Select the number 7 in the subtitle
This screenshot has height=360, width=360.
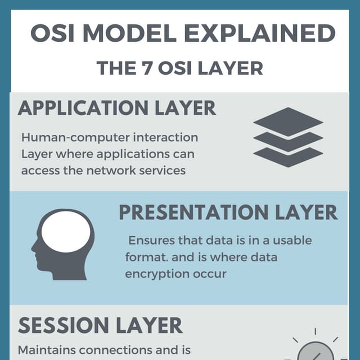[x=144, y=68]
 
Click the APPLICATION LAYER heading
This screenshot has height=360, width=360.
[x=117, y=108]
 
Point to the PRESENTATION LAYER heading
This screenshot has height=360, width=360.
[x=228, y=213]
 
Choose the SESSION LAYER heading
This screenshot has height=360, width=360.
[x=101, y=326]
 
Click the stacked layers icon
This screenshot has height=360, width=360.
[x=288, y=137]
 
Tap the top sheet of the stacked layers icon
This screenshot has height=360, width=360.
[x=288, y=119]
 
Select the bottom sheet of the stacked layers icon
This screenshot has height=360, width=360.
[x=288, y=156]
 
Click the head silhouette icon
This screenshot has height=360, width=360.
[x=62, y=244]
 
